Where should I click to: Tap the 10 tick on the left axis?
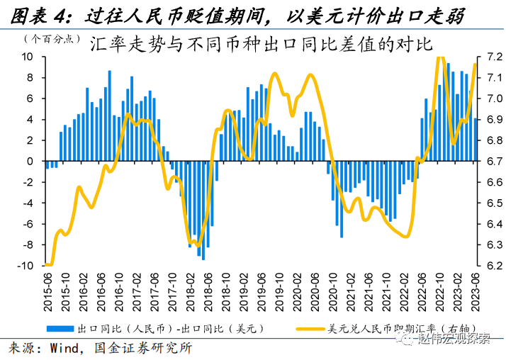29,57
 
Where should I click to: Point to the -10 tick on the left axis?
26,266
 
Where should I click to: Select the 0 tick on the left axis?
32,162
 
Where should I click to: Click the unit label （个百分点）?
50,39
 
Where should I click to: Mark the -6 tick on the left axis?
29,224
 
